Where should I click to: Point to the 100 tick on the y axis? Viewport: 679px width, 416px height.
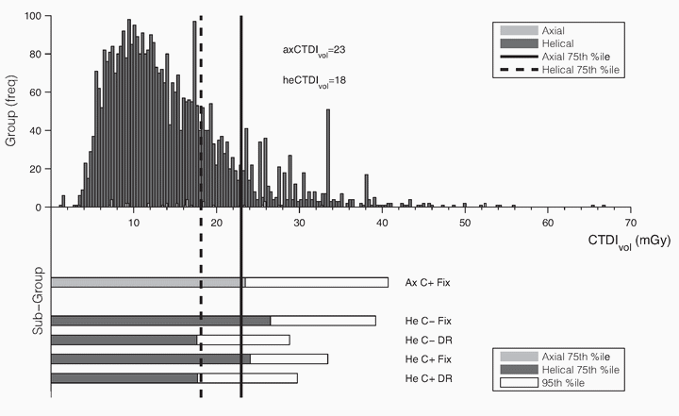[33, 17]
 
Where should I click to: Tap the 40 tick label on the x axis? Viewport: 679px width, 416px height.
[382, 222]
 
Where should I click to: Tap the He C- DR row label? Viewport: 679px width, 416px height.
[424, 340]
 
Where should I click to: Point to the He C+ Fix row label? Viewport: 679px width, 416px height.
[426, 358]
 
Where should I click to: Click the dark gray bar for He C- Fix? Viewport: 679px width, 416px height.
[159, 321]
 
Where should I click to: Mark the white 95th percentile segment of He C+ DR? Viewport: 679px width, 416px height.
[247, 378]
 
